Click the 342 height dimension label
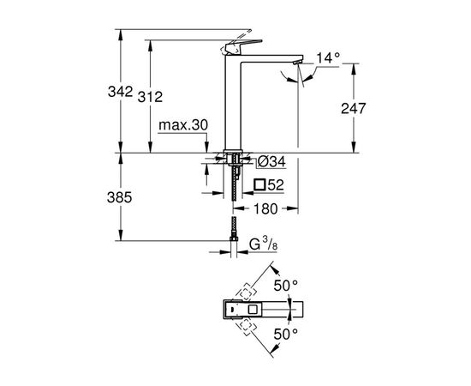[x=120, y=92]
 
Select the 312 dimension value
[x=150, y=97]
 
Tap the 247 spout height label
[x=353, y=108]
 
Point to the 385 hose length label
[x=120, y=197]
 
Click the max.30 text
[x=183, y=125]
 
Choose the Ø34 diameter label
[x=271, y=162]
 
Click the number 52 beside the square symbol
[x=276, y=184]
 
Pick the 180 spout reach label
[x=265, y=208]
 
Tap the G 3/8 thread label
[x=263, y=244]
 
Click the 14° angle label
[x=328, y=57]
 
